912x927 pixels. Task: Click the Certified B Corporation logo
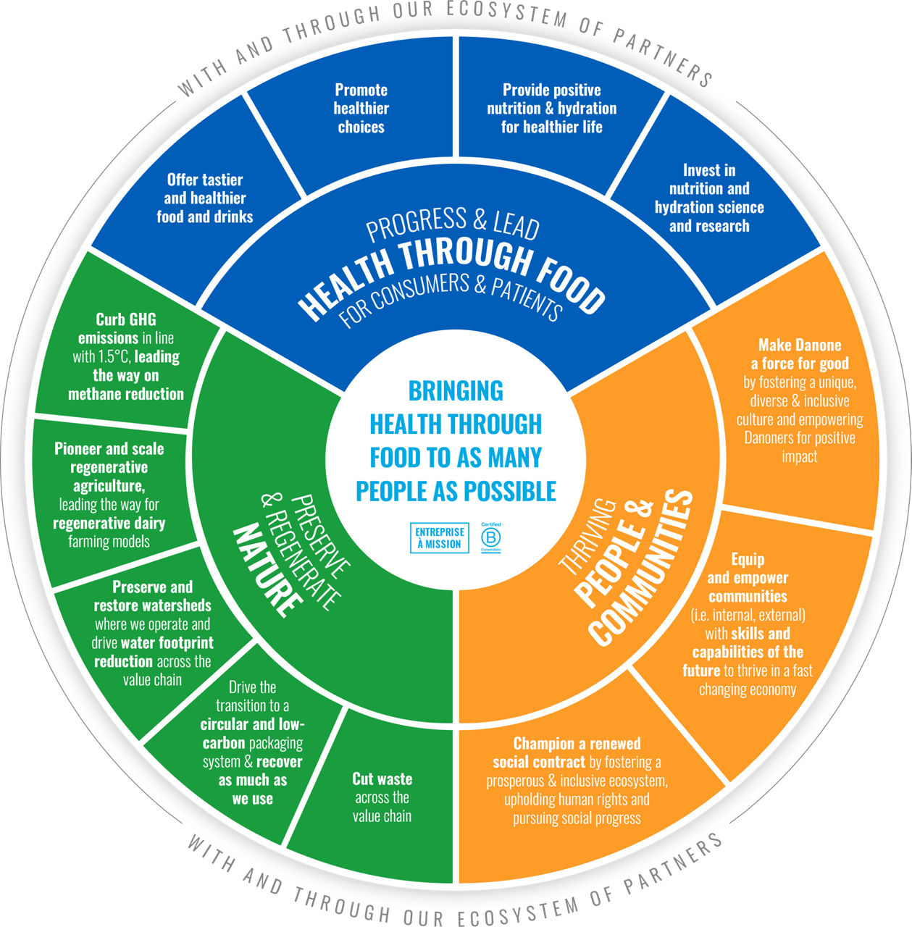click(x=492, y=537)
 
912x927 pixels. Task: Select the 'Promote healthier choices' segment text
click(x=361, y=109)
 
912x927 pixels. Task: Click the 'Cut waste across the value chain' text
click(x=382, y=797)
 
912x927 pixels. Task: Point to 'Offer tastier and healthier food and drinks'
click(x=205, y=198)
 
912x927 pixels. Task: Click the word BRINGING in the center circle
click(x=456, y=391)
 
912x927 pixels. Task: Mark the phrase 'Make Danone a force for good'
click(x=800, y=354)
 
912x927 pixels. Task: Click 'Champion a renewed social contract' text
click(x=569, y=752)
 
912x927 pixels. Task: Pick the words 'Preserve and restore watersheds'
click(x=153, y=596)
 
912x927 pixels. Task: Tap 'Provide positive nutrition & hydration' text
click(x=552, y=99)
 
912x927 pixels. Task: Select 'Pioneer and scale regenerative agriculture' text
click(x=109, y=467)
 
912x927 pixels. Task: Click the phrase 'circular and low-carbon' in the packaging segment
click(x=252, y=733)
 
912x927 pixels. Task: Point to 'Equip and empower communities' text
click(x=748, y=578)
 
